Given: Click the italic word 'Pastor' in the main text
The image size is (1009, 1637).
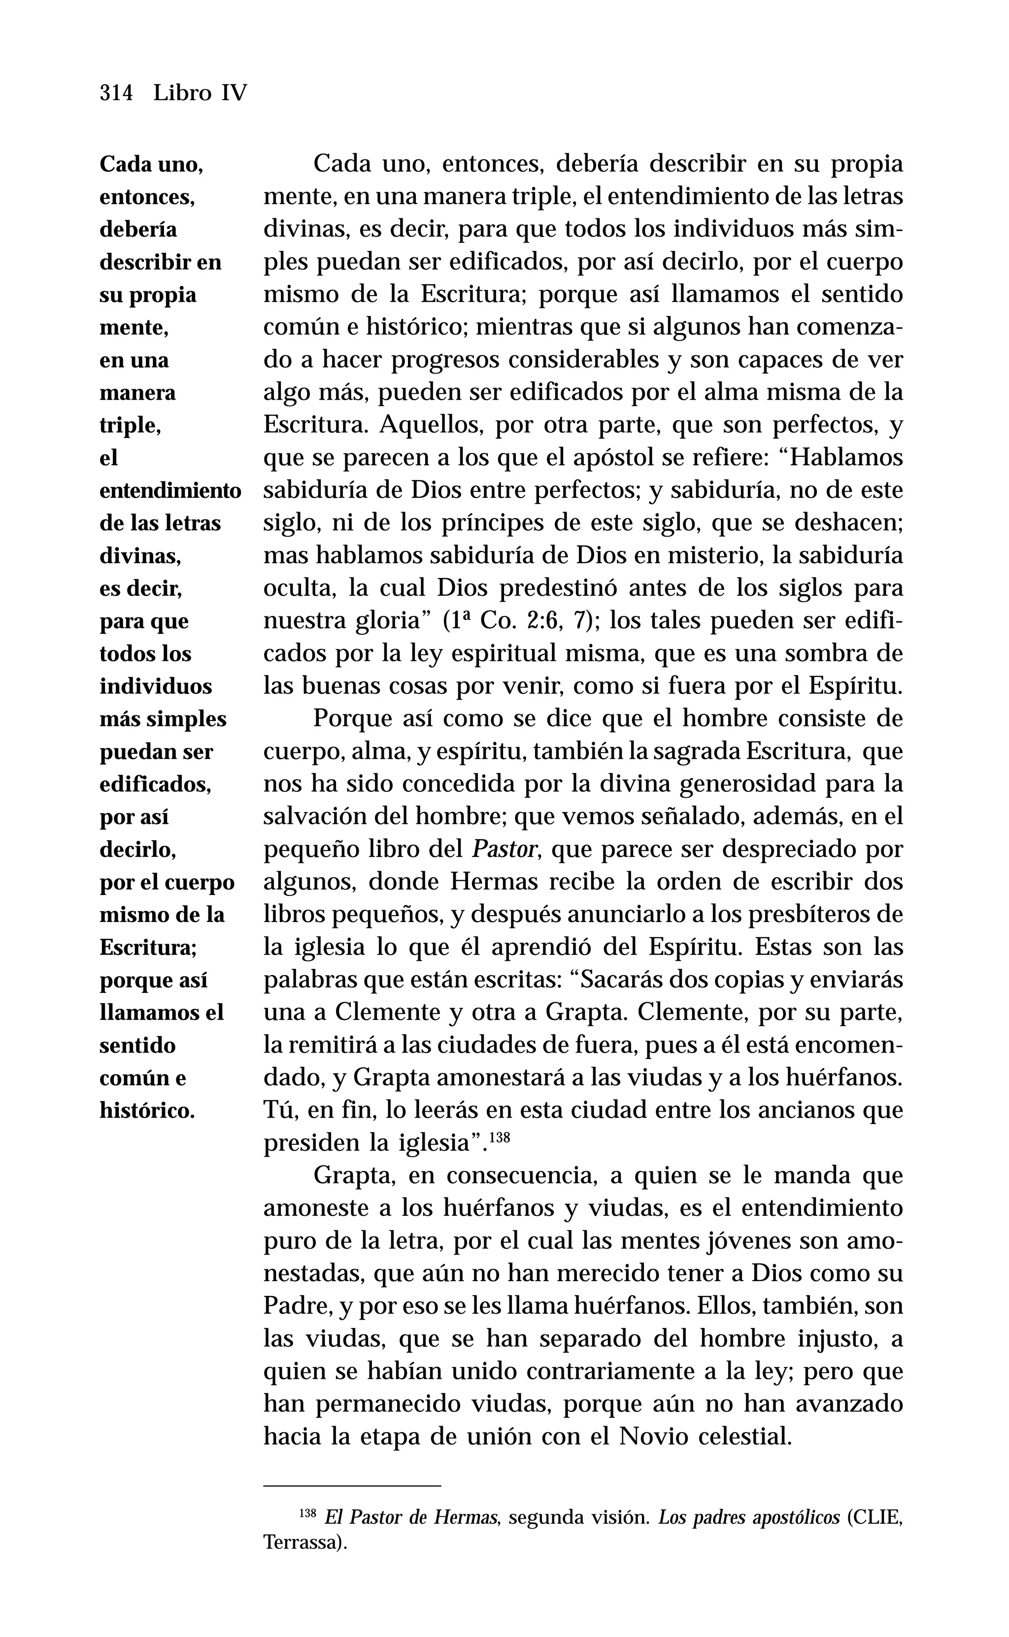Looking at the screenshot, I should pyautogui.click(x=505, y=850).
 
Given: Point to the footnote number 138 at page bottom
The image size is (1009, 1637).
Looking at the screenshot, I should pyautogui.click(x=307, y=1531).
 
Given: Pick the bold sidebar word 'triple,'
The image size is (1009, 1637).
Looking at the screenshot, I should pyautogui.click(x=130, y=425).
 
